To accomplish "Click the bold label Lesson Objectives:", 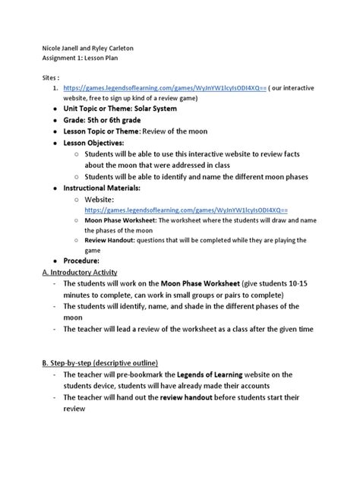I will pyautogui.click(x=93, y=142).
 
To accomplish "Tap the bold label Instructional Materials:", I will pyautogui.click(x=103, y=187).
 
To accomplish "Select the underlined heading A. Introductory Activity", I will pyautogui.click(x=80, y=272).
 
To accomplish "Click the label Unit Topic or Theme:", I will pyautogui.click(x=98, y=109).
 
